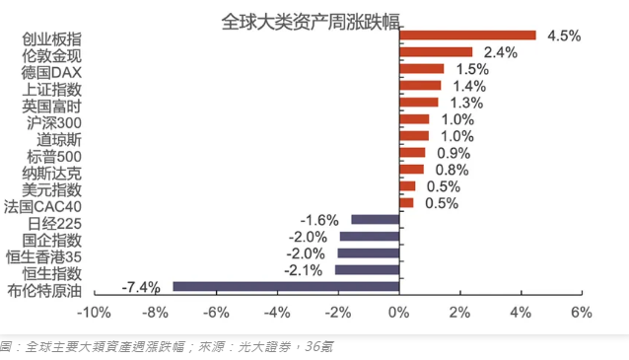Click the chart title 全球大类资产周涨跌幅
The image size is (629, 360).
point(311,22)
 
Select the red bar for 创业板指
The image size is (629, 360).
point(467,36)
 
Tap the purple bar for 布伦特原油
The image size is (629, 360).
point(286,287)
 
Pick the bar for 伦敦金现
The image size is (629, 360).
point(436,52)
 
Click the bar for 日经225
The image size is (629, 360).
point(376,220)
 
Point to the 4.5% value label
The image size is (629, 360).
point(564,36)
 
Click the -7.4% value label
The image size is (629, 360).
point(141,287)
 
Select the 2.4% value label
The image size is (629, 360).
point(501,52)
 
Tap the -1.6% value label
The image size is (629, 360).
point(319,220)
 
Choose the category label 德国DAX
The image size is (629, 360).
point(51,73)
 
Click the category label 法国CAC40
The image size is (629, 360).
point(42,207)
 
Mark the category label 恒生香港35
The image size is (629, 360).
point(43,256)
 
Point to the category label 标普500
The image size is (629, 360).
point(54,157)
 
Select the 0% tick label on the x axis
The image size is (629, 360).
point(398,313)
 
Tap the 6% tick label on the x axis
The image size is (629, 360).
point(582,313)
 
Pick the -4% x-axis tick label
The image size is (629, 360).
point(277,313)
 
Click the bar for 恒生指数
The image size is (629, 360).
point(368,269)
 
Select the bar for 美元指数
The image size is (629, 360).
point(407,186)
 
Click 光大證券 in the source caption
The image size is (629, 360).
point(264,346)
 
